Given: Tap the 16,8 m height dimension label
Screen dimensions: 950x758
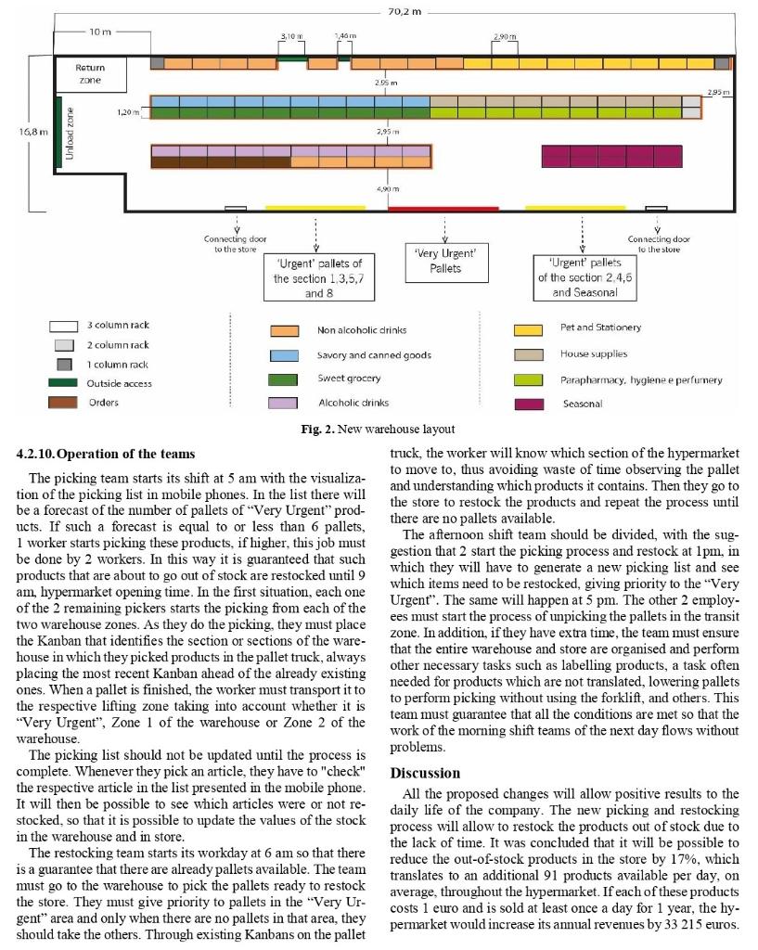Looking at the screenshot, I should [34, 132].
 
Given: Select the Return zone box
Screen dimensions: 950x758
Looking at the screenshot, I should [90, 74].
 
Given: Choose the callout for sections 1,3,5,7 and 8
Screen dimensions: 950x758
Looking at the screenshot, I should [317, 277].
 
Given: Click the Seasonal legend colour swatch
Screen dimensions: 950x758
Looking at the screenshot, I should [528, 404].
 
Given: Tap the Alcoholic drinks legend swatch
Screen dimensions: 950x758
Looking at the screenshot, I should [283, 403].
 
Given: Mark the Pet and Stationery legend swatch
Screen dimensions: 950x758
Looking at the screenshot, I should [528, 329].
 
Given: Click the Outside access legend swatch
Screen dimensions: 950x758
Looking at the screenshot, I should [63, 383].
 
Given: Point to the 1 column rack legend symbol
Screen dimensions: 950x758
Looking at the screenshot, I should [63, 364].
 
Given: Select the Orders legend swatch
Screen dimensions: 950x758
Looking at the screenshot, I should [63, 403].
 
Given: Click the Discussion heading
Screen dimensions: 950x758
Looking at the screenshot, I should [425, 773].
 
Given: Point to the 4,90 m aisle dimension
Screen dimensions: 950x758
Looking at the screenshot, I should [389, 189].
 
